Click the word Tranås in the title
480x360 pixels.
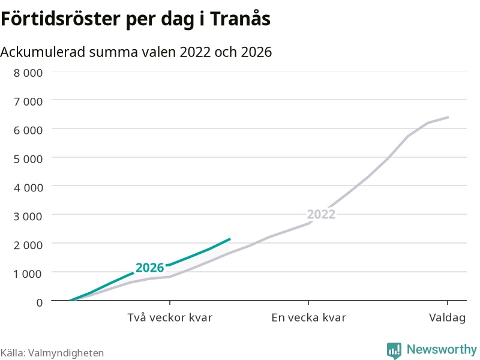(241, 19)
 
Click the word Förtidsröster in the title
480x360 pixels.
(61, 19)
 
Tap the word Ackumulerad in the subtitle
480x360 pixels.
(43, 52)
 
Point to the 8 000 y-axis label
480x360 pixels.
(28, 73)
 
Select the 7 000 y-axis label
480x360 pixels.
(28, 101)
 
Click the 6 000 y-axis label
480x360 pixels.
(28, 130)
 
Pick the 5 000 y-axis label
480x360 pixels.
(28, 159)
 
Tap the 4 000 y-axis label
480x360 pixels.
(28, 187)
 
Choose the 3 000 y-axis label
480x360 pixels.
(28, 216)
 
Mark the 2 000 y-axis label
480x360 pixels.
(28, 245)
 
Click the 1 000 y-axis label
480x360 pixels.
(28, 274)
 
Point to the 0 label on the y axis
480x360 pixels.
(40, 302)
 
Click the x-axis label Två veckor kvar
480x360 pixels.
(170, 317)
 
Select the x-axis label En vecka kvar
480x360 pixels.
(308, 317)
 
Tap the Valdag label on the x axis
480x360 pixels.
(447, 317)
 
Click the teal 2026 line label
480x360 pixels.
(149, 268)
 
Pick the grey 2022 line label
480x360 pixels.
(321, 214)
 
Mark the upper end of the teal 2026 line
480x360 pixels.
(230, 239)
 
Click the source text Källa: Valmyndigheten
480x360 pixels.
(52, 353)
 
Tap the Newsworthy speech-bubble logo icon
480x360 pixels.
(394, 350)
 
